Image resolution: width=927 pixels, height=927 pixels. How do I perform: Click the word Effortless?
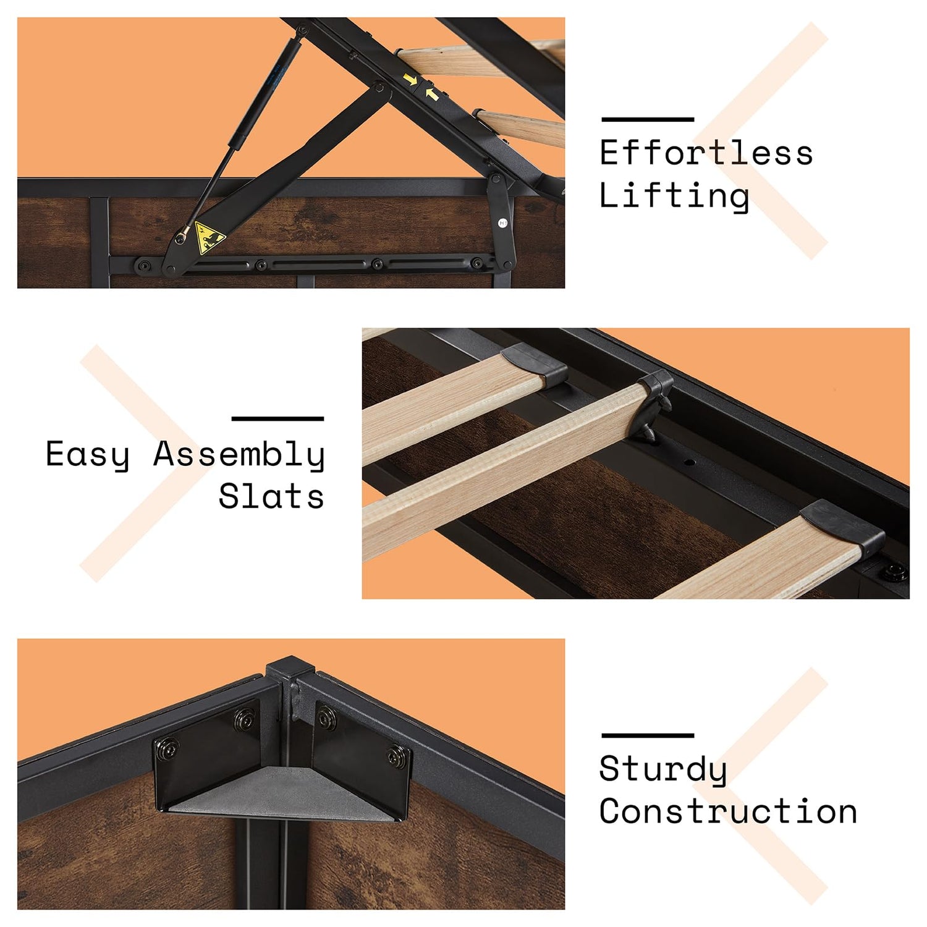pyautogui.click(x=706, y=153)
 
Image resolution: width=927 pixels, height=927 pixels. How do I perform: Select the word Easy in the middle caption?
pyautogui.click(x=88, y=455)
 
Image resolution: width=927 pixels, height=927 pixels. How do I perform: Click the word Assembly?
pyautogui.click(x=239, y=455)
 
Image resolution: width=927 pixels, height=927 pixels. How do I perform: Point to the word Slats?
pyautogui.click(x=271, y=496)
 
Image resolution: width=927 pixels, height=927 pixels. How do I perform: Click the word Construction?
pyautogui.click(x=728, y=811)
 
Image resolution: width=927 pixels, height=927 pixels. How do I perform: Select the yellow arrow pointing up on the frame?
pyautogui.click(x=432, y=94)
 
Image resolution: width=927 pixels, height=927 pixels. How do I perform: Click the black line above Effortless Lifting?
pyautogui.click(x=648, y=119)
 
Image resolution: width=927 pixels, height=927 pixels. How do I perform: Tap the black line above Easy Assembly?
pyautogui.click(x=277, y=418)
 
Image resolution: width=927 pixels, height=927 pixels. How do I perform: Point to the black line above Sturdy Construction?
pyautogui.click(x=648, y=735)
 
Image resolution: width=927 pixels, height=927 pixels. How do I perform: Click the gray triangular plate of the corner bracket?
pyautogui.click(x=281, y=795)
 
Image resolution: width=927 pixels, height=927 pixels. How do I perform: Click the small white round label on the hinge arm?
pyautogui.click(x=503, y=223)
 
